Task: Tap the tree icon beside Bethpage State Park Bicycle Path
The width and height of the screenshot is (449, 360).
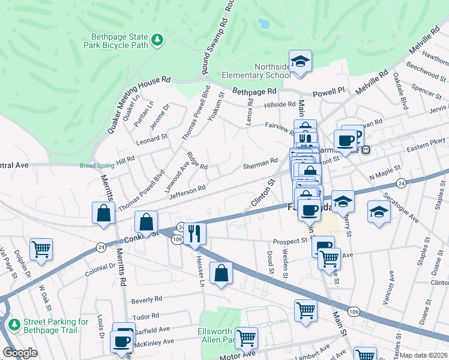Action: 157,40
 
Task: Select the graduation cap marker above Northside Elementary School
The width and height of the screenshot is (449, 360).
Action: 300,61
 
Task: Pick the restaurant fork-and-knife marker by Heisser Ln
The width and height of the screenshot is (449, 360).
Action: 194,233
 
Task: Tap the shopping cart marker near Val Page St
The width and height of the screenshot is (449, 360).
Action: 41,249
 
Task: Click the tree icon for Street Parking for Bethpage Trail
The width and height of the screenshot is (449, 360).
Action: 14,325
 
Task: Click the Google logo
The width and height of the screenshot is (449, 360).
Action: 20,353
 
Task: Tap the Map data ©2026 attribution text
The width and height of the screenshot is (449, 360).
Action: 424,355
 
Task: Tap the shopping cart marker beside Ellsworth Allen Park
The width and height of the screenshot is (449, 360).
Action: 246,338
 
